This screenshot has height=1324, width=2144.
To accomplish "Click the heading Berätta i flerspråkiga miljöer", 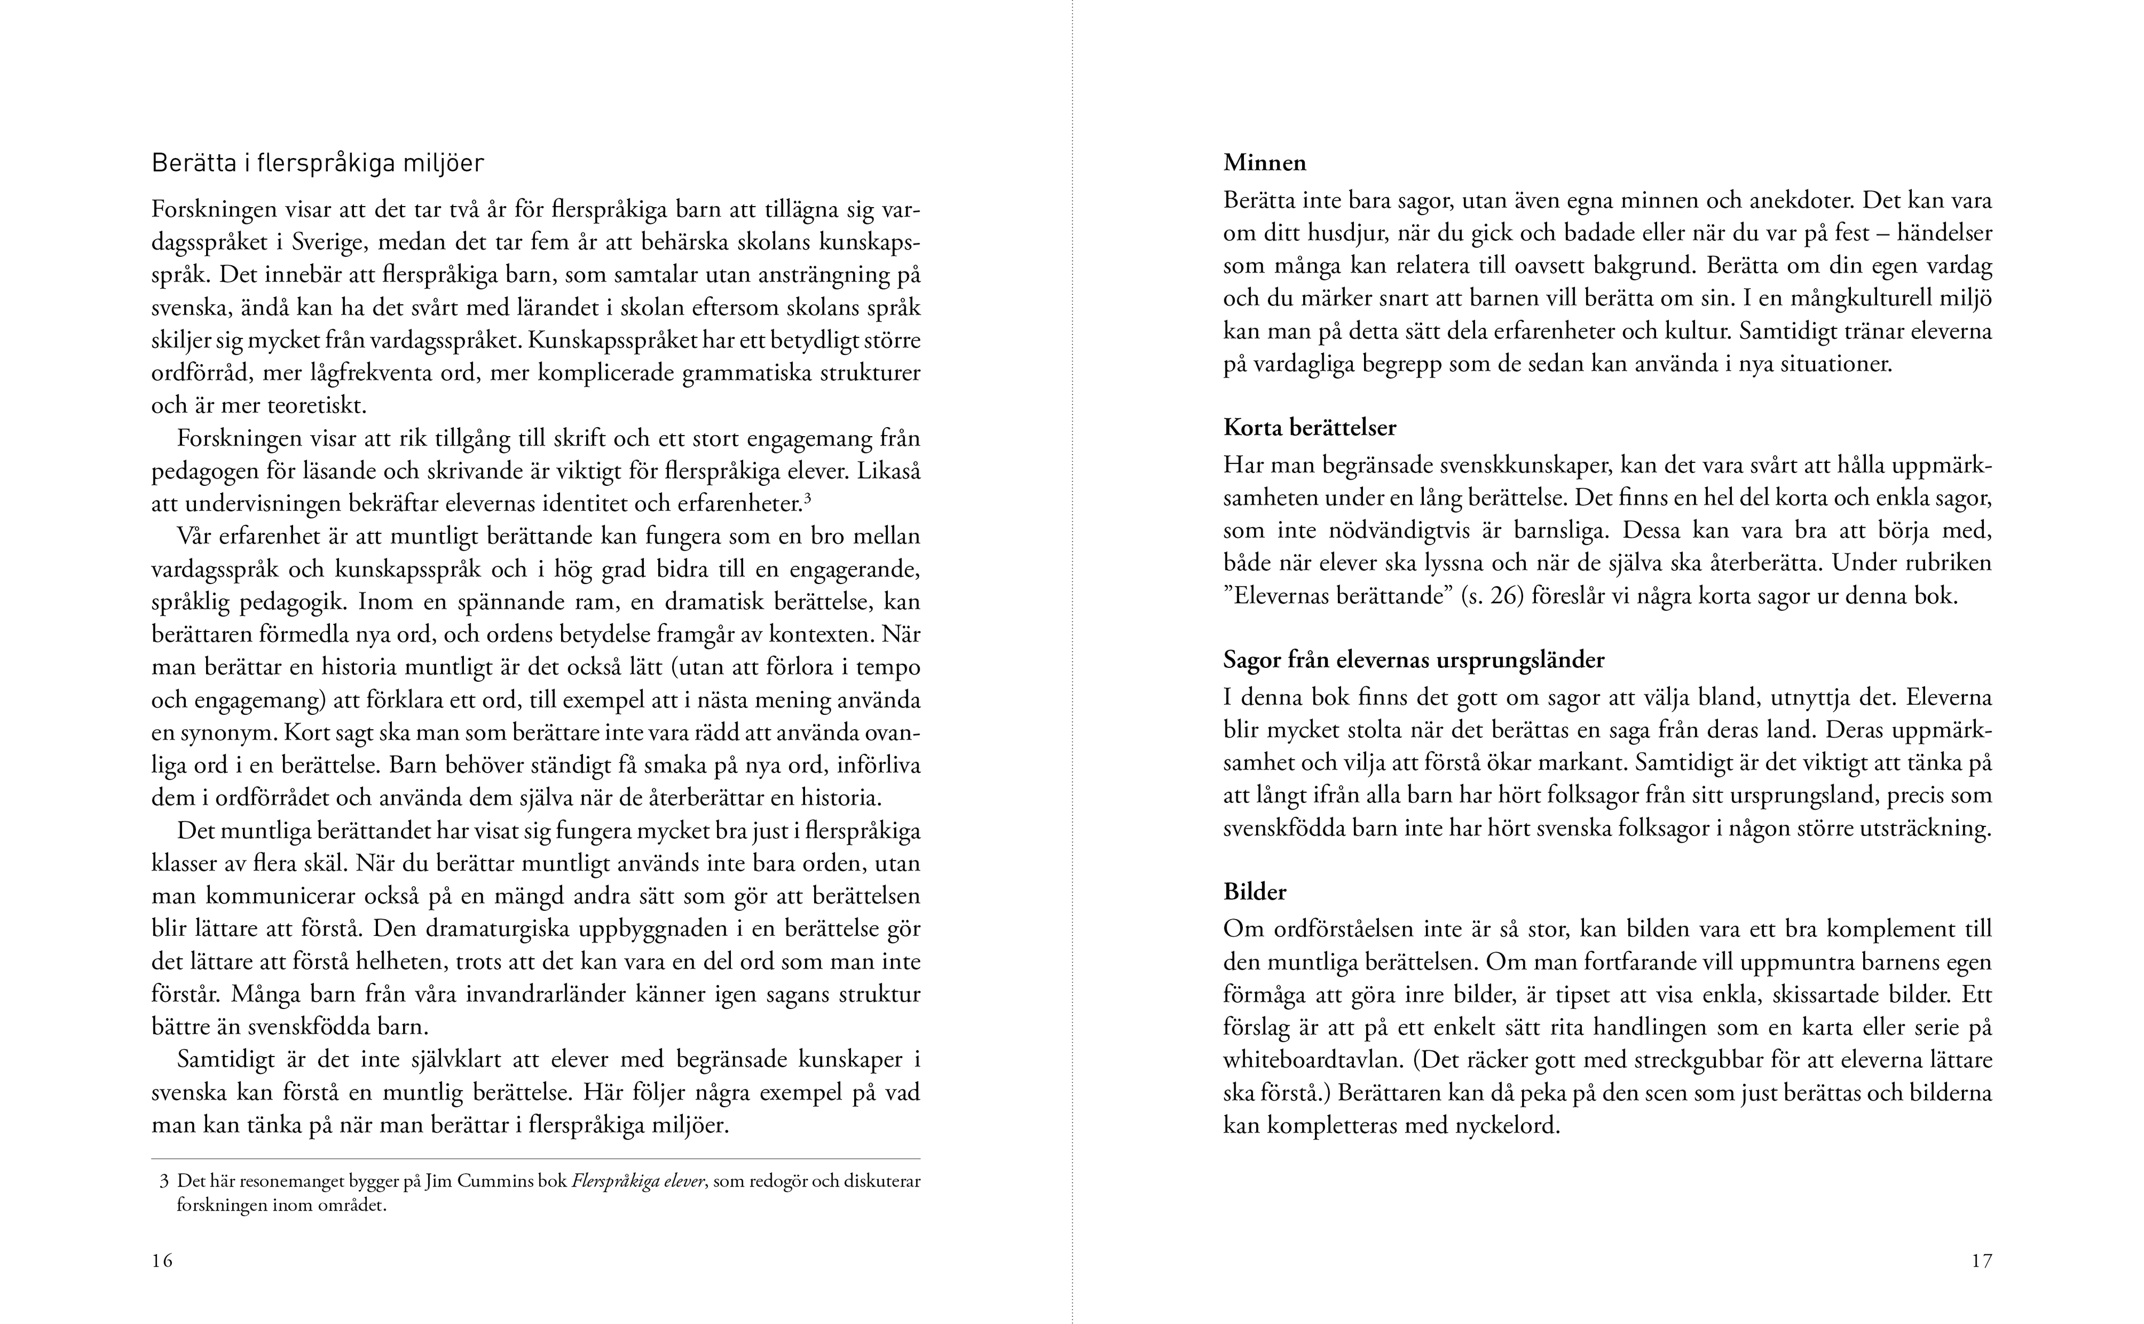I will [318, 164].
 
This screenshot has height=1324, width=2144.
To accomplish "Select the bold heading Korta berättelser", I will [1310, 428].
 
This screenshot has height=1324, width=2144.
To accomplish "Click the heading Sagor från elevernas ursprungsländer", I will [1414, 659].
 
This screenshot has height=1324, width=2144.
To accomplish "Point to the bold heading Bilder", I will [1255, 892].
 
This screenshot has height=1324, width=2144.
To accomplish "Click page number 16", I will [162, 1261].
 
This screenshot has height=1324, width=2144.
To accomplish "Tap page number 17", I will [1981, 1261].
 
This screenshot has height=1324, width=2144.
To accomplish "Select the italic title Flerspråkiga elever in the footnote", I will [638, 1181].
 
